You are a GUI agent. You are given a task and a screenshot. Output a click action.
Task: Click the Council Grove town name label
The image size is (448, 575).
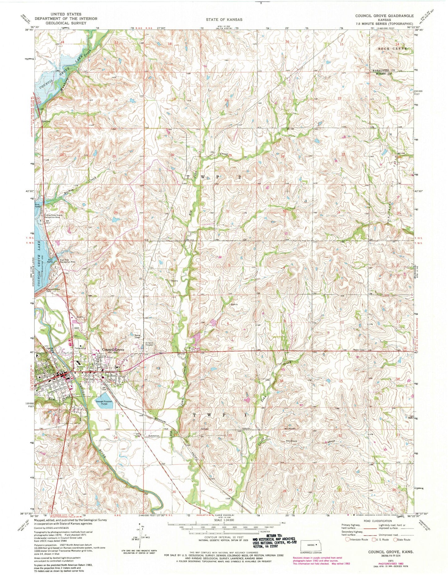click(x=113, y=349)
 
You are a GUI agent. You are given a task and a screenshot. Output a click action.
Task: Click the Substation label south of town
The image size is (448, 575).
click(x=154, y=436)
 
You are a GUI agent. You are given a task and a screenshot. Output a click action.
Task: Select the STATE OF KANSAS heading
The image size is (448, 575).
click(x=225, y=19)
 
